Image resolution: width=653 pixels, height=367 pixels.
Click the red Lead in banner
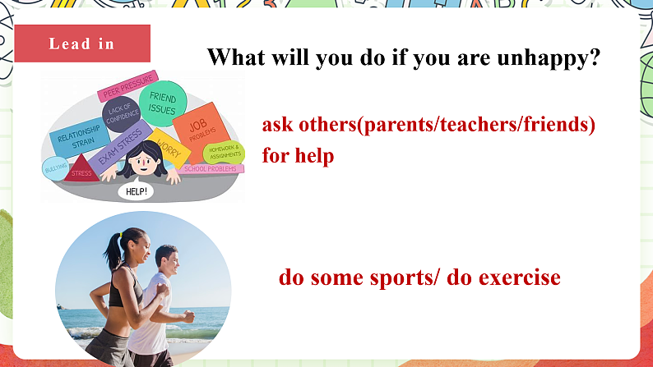click(82, 44)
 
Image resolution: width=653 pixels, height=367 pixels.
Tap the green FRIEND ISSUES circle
click(162, 103)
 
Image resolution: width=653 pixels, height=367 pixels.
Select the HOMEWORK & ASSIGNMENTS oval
click(223, 152)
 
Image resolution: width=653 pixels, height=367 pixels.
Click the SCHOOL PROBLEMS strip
click(214, 169)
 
